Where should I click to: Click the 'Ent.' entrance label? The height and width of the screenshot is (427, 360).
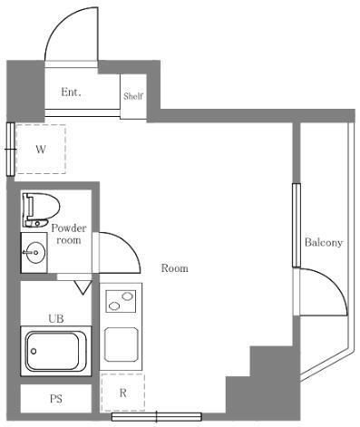pyautogui.click(x=72, y=92)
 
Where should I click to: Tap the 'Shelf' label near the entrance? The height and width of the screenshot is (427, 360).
pyautogui.click(x=133, y=93)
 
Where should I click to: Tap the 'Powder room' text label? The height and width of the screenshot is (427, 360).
pyautogui.click(x=68, y=234)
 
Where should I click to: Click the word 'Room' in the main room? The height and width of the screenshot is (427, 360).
pyautogui.click(x=174, y=268)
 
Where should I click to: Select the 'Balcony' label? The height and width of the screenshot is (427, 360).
pyautogui.click(x=323, y=243)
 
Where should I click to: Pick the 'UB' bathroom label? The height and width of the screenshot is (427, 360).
pyautogui.click(x=56, y=318)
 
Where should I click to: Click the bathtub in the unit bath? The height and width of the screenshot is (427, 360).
pyautogui.click(x=56, y=351)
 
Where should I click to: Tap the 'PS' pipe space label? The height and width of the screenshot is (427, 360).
pyautogui.click(x=54, y=399)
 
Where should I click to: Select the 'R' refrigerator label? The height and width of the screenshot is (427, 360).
pyautogui.click(x=122, y=393)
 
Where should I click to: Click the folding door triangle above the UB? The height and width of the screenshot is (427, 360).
pyautogui.click(x=83, y=287)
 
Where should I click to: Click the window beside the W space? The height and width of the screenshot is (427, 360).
pyautogui.click(x=10, y=148)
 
